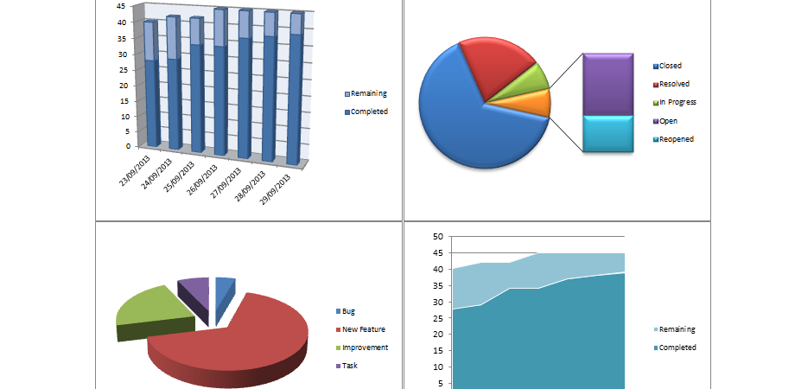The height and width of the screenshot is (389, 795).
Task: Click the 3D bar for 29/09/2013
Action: [x=296, y=95]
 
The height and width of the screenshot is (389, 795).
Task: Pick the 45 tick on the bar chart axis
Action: [x=123, y=5]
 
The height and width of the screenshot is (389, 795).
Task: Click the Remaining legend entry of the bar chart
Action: [x=366, y=93]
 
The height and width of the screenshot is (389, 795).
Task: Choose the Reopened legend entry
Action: [x=677, y=138]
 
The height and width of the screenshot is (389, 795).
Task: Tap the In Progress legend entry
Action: [x=677, y=102]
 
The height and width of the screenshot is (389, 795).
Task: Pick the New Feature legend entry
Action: [x=363, y=329]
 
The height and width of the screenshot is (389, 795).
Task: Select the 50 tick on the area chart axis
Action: [x=437, y=236]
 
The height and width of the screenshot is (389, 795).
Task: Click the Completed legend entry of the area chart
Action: [x=677, y=348]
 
